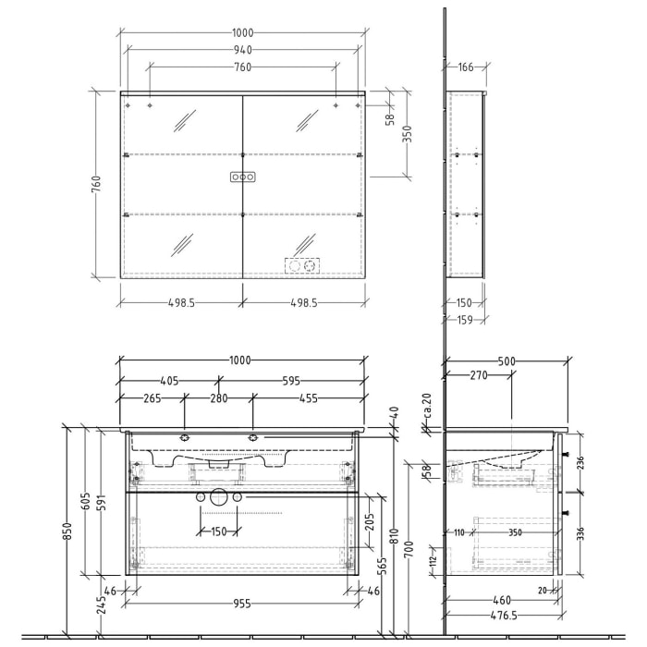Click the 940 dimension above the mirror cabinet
coord(242,50)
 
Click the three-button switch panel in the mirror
coord(242,177)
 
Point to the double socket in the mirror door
coord(303,266)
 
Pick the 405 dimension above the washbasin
coord(168,380)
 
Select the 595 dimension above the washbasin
coord(291,380)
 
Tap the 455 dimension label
coord(308,398)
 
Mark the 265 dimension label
coord(153,398)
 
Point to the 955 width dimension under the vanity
coord(242,604)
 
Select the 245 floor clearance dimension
coord(100,605)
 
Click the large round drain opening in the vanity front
coord(219,497)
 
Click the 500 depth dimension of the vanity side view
coord(507,361)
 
